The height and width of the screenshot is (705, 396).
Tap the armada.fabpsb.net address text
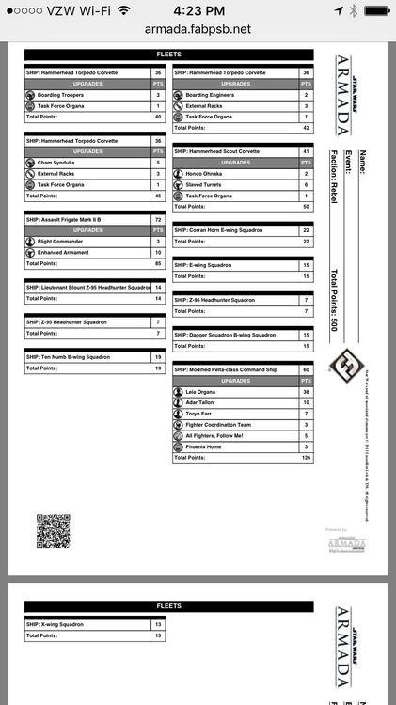(x=198, y=29)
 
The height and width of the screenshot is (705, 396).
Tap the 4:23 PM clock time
(x=198, y=9)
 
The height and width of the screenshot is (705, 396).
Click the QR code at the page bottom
(x=53, y=530)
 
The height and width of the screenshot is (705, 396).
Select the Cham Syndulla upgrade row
(x=55, y=162)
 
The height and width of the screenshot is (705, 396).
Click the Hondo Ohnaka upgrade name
(x=205, y=173)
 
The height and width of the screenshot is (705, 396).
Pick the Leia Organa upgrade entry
(x=203, y=391)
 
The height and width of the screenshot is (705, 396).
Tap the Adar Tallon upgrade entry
(x=203, y=402)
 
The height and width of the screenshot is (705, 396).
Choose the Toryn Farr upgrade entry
(x=201, y=414)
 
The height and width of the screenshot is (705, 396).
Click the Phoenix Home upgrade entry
(x=205, y=446)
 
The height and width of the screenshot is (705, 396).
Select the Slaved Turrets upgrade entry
(x=206, y=184)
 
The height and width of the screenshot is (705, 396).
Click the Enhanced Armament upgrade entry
(x=64, y=252)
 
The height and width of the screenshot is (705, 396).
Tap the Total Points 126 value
(x=305, y=459)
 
